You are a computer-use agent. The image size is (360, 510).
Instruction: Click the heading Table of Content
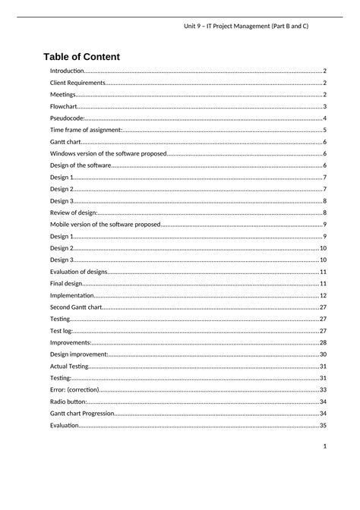81,57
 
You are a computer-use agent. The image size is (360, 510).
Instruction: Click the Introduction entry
67,71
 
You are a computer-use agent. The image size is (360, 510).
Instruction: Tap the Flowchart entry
63,106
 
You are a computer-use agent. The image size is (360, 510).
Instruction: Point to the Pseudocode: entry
68,118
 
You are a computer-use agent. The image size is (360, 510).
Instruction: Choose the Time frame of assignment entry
86,130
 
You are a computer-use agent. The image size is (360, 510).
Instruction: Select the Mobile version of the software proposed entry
105,225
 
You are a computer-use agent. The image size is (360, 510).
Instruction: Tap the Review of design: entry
74,212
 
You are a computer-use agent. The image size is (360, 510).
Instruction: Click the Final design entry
66,283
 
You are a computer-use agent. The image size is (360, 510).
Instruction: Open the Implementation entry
72,295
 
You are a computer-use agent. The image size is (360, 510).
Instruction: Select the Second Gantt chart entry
75,307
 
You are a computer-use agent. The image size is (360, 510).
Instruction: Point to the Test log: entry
62,331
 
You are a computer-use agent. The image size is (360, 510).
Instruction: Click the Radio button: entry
68,401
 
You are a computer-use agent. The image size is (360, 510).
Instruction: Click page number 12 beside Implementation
323,295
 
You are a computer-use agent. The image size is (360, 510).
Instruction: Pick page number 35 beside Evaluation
323,425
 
